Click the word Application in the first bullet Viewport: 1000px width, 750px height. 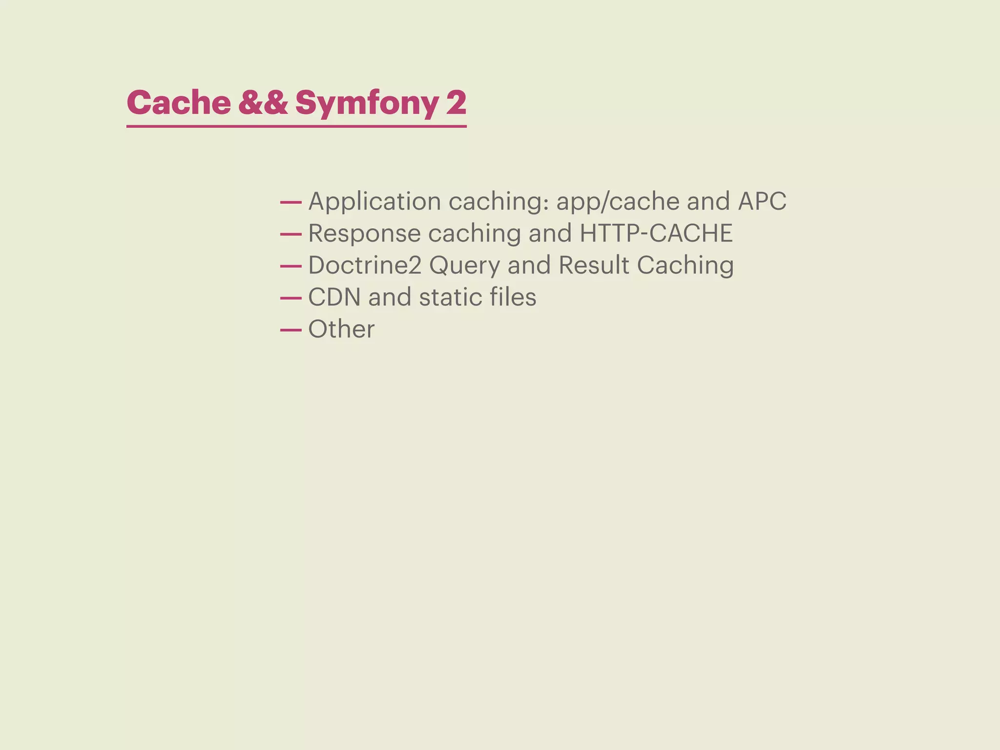(375, 201)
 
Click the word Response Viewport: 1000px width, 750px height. (364, 233)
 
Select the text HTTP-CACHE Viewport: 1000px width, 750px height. (656, 233)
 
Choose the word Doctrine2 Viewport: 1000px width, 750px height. (365, 265)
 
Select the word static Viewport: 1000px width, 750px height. (447, 297)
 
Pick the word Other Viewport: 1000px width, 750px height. (341, 329)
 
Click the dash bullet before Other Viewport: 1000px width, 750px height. (291, 331)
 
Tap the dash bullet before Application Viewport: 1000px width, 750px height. (291, 203)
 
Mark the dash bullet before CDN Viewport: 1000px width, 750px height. (291, 298)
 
